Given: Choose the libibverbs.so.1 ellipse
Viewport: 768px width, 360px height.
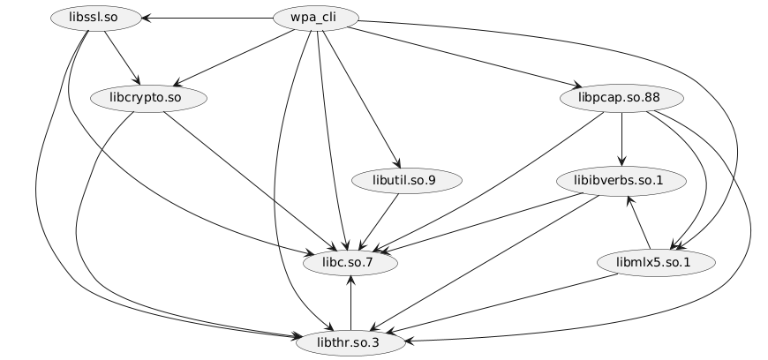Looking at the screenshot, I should pyautogui.click(x=622, y=180).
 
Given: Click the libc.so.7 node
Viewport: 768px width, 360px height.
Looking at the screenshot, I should pyautogui.click(x=350, y=262).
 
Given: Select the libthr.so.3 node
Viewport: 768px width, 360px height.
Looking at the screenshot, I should pyautogui.click(x=350, y=341).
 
